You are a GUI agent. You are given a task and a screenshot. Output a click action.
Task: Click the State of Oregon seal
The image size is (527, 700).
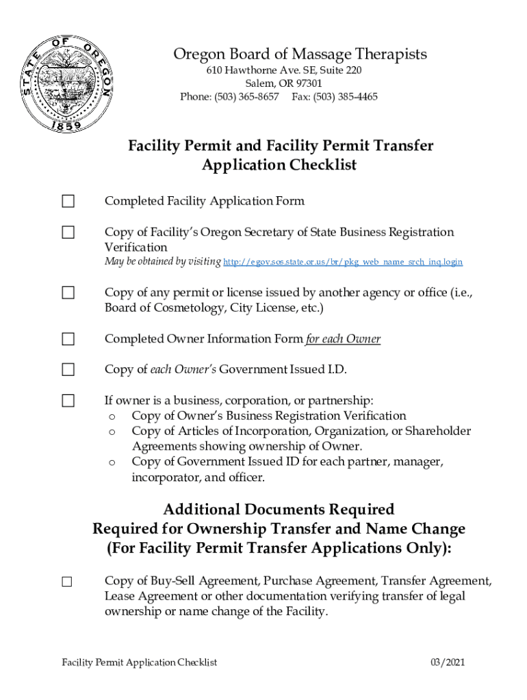67,85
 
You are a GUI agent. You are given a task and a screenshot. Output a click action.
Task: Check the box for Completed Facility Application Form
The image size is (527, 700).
68,201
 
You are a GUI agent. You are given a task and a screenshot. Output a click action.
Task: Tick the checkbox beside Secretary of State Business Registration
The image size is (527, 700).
68,232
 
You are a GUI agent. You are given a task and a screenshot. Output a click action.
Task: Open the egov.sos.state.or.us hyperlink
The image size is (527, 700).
343,262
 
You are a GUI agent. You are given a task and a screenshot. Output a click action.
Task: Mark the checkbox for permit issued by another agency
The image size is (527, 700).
68,293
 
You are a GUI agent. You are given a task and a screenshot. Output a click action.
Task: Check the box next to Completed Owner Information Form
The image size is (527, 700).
68,339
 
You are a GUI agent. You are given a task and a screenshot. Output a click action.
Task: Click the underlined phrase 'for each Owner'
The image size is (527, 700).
343,339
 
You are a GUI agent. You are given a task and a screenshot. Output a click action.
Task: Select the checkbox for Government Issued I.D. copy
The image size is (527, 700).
68,370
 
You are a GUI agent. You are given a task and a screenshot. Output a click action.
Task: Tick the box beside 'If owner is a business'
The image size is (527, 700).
68,401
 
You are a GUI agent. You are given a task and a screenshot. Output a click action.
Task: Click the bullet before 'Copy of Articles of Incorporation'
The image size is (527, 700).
112,432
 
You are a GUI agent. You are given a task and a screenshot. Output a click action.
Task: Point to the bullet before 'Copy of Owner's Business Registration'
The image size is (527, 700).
112,416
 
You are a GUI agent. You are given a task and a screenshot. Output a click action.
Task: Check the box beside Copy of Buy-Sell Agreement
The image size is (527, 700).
67,582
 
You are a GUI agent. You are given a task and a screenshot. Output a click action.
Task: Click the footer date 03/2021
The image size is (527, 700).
448,662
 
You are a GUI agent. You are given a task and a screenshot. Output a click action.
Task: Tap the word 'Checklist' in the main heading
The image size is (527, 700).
322,165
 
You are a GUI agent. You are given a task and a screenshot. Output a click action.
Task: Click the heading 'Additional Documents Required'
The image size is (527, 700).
279,509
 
